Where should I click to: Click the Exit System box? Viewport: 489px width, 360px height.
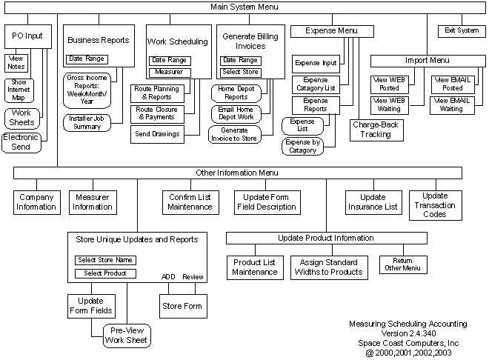tap(462, 31)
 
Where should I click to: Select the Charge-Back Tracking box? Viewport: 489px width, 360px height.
tap(376, 130)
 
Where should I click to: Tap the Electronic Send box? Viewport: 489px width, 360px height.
tap(21, 142)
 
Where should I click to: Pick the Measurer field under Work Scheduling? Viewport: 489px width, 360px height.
tap(170, 73)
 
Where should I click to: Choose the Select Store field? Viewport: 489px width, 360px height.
tap(240, 73)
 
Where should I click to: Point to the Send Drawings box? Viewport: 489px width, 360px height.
tap(156, 134)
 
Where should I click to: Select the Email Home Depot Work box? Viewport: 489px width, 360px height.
tap(236, 114)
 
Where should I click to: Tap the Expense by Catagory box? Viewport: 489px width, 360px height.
tap(302, 146)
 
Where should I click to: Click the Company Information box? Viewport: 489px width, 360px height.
tap(36, 202)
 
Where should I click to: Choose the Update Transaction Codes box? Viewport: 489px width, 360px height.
tap(435, 205)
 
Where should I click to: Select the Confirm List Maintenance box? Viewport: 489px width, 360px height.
tap(190, 202)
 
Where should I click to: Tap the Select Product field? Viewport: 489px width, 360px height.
tap(104, 273)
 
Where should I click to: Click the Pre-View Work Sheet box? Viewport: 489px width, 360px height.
tap(125, 336)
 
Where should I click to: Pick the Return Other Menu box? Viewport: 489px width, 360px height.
tap(402, 264)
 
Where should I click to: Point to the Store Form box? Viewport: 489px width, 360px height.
tap(182, 306)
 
